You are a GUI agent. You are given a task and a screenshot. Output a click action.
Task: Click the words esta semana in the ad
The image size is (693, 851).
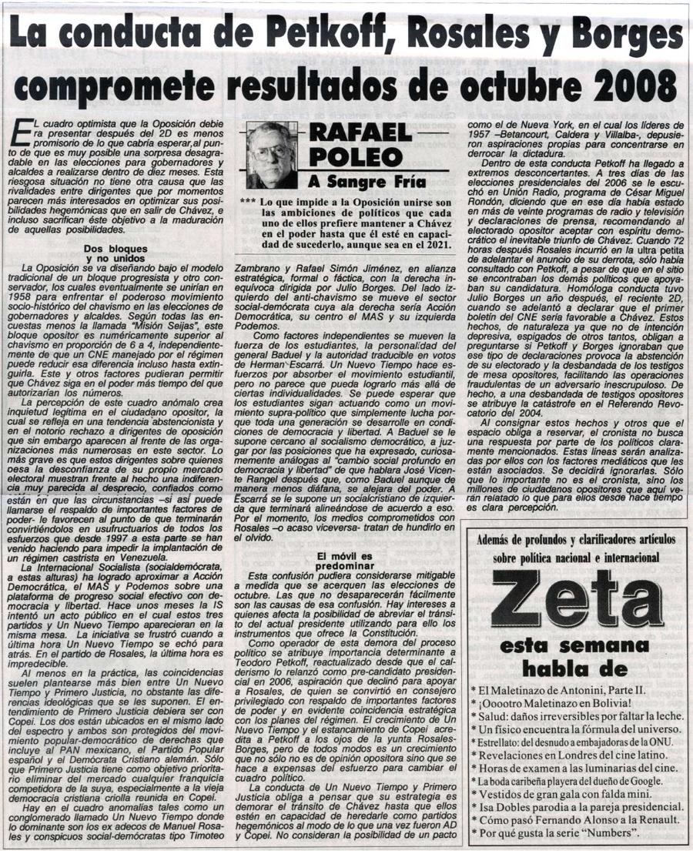point(574,645)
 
